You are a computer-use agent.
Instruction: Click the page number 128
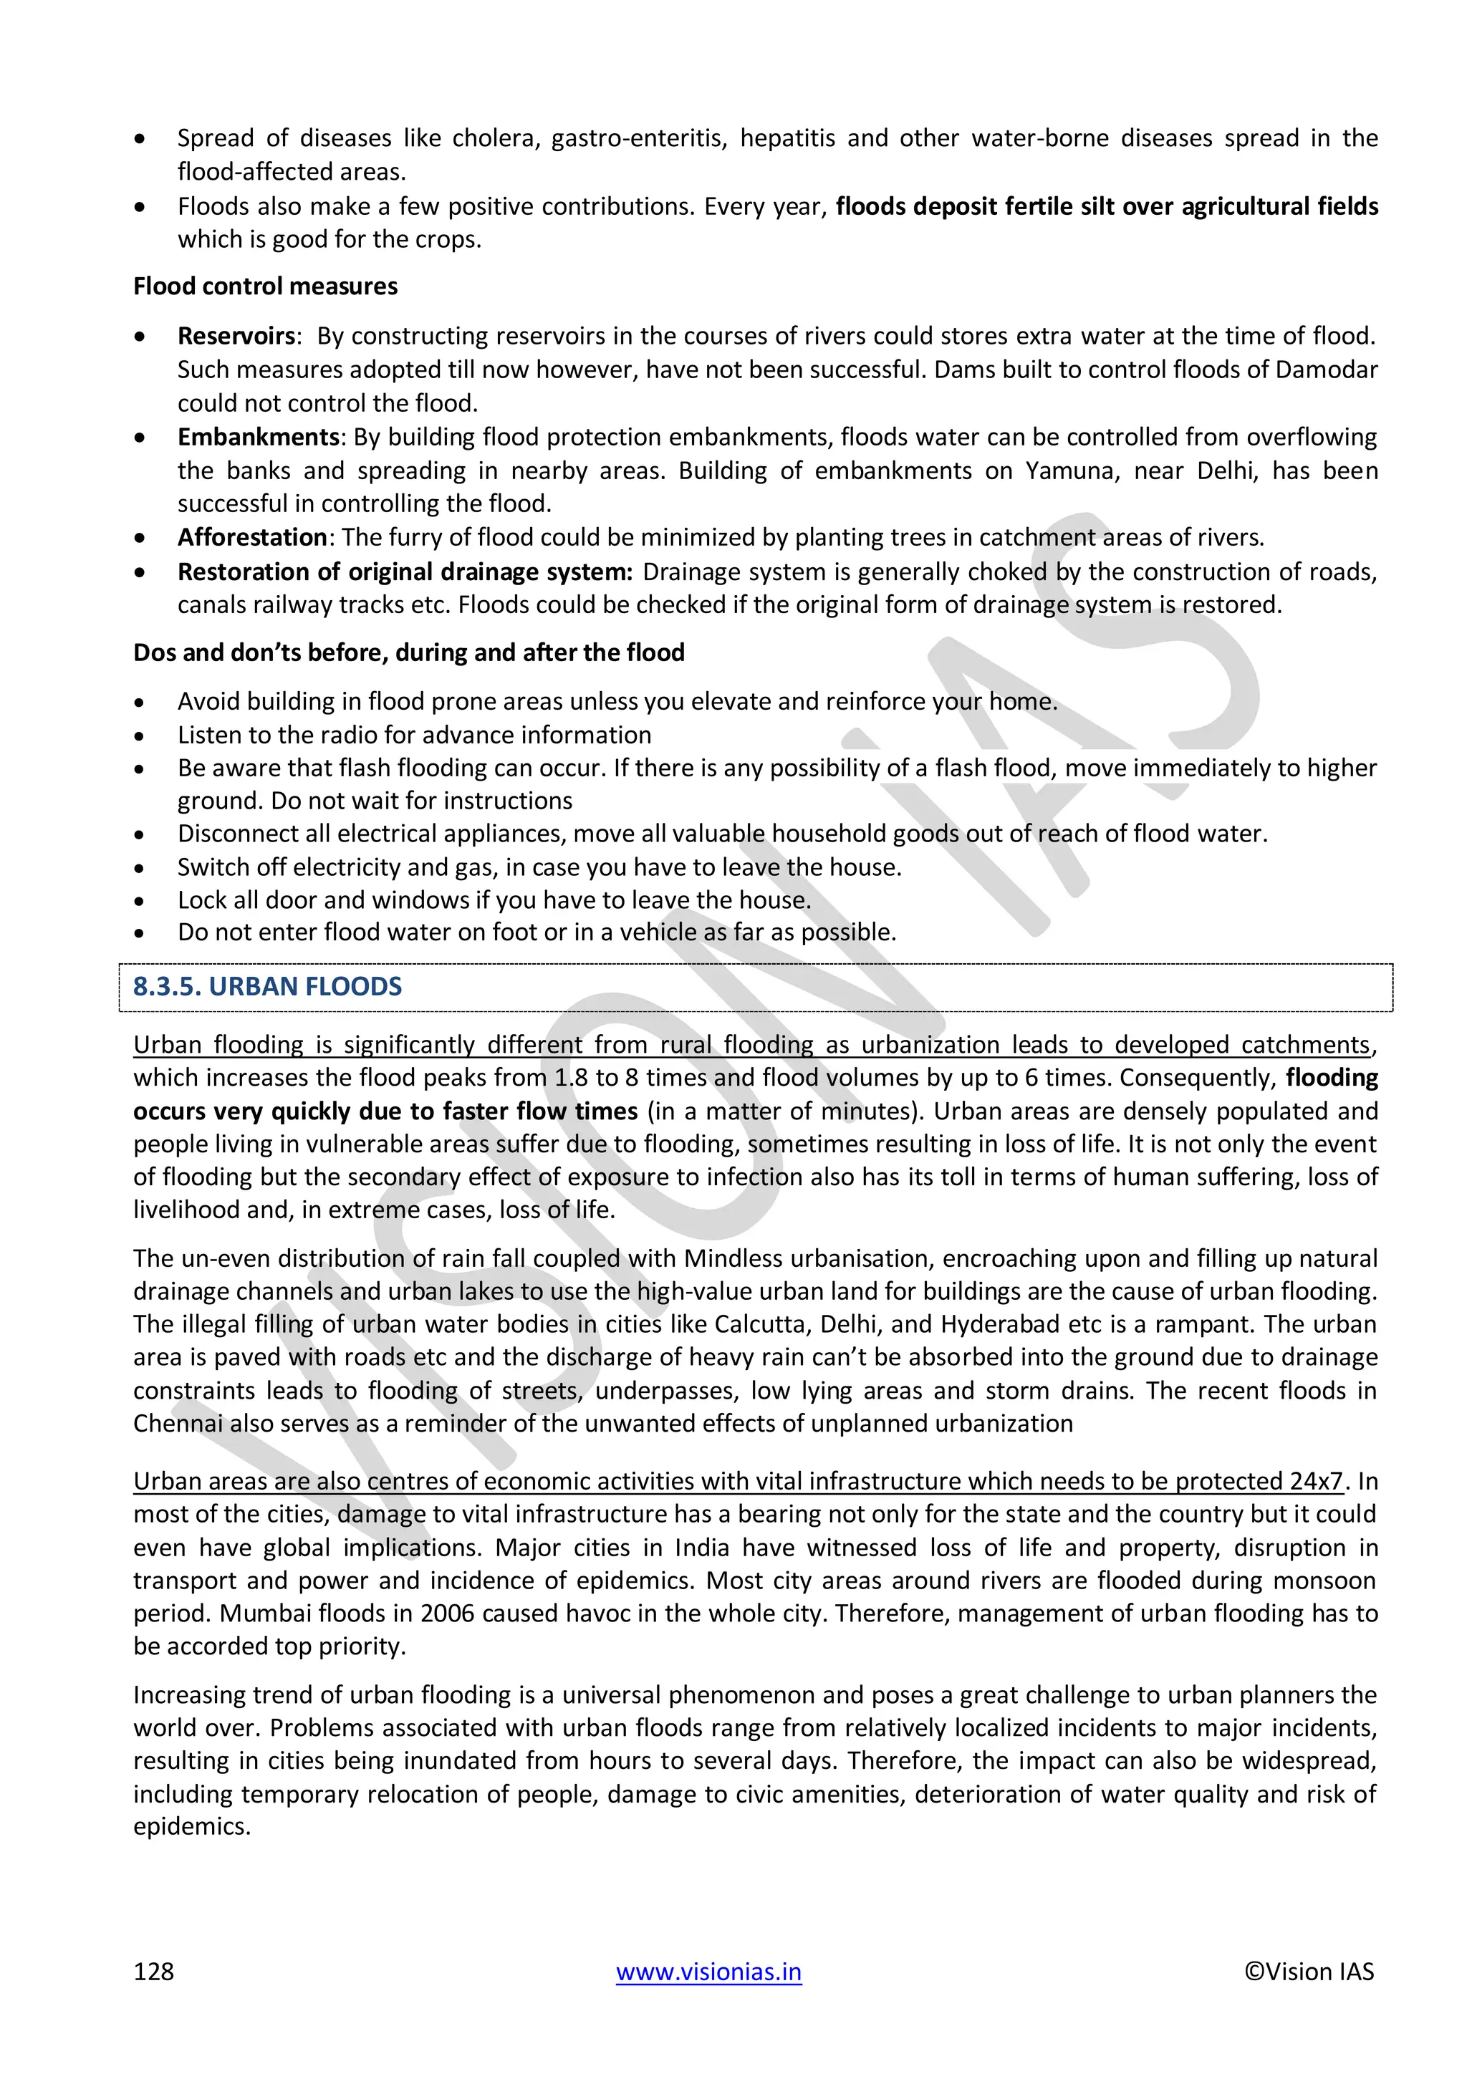(153, 1971)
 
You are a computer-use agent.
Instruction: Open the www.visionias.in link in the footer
(708, 1971)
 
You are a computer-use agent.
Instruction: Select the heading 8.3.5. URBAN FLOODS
(267, 986)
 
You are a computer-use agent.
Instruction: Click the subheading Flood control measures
(266, 286)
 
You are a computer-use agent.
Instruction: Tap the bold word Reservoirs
(236, 336)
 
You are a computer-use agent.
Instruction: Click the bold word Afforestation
(252, 537)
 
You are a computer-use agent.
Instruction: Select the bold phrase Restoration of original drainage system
(405, 571)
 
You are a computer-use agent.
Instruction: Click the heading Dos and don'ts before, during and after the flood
(409, 652)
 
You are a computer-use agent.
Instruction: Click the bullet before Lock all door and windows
(139, 901)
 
